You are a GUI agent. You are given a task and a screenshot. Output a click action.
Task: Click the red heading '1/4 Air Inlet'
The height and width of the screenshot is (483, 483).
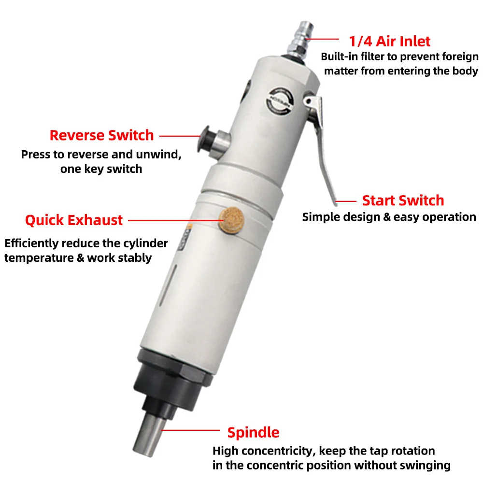[389, 41]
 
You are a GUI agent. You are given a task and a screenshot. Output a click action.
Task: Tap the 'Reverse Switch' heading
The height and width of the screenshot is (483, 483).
[101, 135]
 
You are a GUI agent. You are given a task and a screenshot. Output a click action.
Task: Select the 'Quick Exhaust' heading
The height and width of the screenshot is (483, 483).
[74, 220]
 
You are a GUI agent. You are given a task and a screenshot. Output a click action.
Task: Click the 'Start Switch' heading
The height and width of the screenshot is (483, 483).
[403, 200]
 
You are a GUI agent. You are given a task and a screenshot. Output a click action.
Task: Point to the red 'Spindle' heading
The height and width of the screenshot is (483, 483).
[253, 432]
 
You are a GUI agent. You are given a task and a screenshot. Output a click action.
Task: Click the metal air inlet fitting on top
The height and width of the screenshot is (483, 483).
[299, 41]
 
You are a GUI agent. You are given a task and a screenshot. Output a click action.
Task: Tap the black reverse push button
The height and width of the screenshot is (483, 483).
[205, 140]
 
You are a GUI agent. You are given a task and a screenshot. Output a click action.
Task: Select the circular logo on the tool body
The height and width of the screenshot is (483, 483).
[280, 101]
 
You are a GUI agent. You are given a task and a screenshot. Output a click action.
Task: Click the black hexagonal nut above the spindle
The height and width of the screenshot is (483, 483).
[174, 367]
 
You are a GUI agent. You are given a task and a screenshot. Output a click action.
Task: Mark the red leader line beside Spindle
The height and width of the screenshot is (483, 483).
[190, 430]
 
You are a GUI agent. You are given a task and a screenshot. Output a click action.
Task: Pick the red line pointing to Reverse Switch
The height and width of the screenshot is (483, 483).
[180, 136]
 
